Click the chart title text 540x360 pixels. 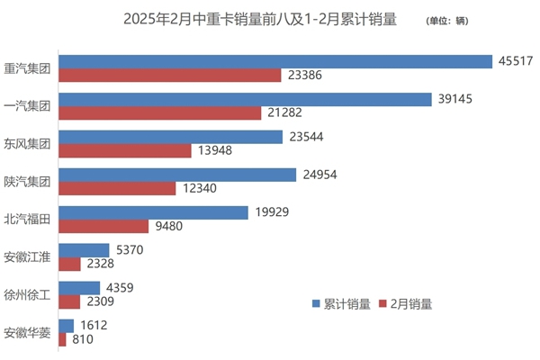point(256,19)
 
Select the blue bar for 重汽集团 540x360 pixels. point(275,60)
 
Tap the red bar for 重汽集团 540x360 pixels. point(169,75)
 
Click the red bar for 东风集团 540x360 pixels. point(125,150)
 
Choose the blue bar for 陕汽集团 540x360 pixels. point(177,174)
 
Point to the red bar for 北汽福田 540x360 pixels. point(103,226)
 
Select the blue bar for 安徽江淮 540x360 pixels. point(84,249)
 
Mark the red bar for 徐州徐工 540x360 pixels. point(69,301)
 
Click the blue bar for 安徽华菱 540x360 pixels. point(66,326)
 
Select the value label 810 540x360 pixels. point(83,340)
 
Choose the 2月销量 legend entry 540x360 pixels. point(406,304)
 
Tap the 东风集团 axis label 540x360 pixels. point(28,143)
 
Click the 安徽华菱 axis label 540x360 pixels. point(28,333)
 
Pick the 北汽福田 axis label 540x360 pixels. point(28,219)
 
